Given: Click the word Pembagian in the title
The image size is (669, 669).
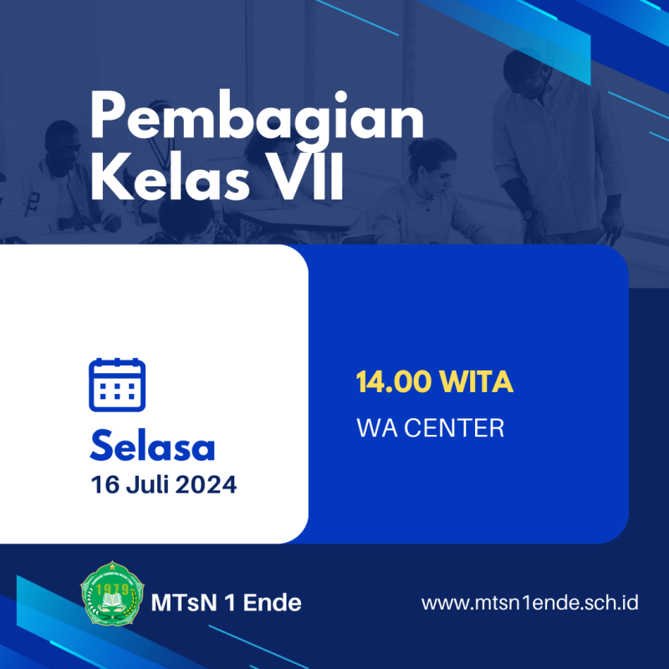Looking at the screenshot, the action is click(x=258, y=115).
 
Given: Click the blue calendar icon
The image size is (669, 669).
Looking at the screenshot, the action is click(x=117, y=385).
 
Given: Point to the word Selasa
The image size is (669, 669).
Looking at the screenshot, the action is click(x=152, y=446).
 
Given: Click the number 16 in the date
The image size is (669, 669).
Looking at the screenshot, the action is click(x=105, y=485).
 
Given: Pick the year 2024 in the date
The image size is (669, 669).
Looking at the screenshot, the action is click(x=206, y=485).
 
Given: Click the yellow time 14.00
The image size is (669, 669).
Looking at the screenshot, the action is click(x=393, y=381).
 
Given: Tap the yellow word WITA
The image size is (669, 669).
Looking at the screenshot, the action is click(x=476, y=381).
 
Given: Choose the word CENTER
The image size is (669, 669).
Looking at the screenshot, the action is click(x=454, y=428).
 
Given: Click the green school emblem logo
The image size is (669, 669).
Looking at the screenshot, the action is click(x=112, y=593).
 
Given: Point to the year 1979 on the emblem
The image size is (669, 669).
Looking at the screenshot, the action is click(x=112, y=590).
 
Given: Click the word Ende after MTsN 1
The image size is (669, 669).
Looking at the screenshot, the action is click(x=273, y=603).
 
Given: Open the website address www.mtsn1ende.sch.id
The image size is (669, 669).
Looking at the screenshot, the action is click(x=529, y=603).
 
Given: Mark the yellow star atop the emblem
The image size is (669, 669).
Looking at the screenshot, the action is click(x=112, y=567).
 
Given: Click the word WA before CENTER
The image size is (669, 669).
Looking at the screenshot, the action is click(x=377, y=428).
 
